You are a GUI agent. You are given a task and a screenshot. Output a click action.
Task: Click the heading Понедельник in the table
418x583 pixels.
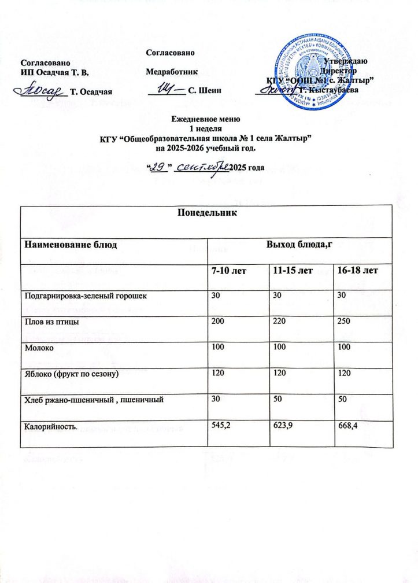coord(208,213)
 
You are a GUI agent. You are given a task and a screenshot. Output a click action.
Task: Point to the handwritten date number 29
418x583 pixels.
coord(157,167)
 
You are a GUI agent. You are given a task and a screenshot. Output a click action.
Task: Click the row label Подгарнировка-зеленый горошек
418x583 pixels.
coord(85,296)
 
